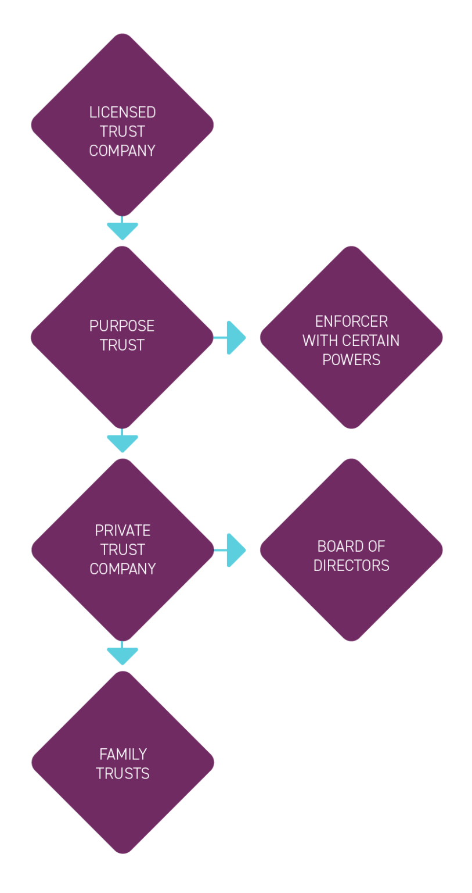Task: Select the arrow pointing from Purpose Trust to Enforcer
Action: click(x=232, y=338)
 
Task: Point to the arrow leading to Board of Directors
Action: click(x=232, y=550)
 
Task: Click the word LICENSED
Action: click(x=122, y=112)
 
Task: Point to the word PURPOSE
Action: click(x=122, y=326)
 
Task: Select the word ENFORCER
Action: click(x=351, y=322)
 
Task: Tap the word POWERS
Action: click(x=351, y=360)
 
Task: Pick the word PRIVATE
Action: click(x=122, y=531)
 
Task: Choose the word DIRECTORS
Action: click(x=351, y=566)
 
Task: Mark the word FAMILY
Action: click(x=122, y=755)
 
